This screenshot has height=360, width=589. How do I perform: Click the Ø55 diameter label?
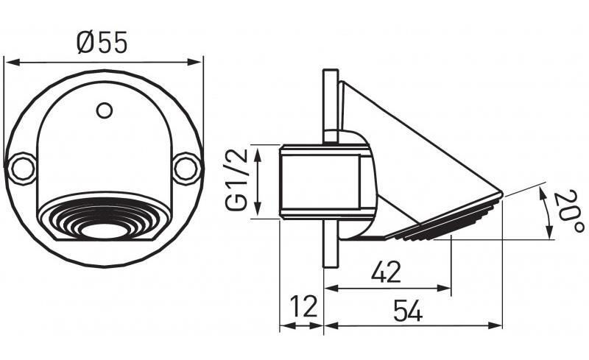point(102,42)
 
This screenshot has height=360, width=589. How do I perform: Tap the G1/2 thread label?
point(236,180)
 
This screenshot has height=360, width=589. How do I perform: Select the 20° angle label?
point(568,211)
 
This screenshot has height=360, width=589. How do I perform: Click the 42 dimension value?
point(386,272)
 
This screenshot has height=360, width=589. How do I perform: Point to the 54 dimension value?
point(408,311)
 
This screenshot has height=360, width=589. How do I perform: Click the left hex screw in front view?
point(21,168)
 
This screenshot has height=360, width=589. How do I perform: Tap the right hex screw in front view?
point(187,168)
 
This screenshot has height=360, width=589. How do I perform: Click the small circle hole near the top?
point(104,110)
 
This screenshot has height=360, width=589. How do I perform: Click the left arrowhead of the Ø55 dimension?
point(11,62)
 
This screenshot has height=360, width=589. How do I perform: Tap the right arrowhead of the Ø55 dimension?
point(195,62)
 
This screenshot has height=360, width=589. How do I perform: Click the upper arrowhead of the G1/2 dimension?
point(258,153)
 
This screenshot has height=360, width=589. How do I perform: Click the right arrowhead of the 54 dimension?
point(495,325)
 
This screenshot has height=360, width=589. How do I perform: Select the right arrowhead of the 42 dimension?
point(444,289)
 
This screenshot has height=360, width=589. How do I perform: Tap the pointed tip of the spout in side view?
point(502,193)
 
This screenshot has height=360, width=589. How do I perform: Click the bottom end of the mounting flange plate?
point(331,267)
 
